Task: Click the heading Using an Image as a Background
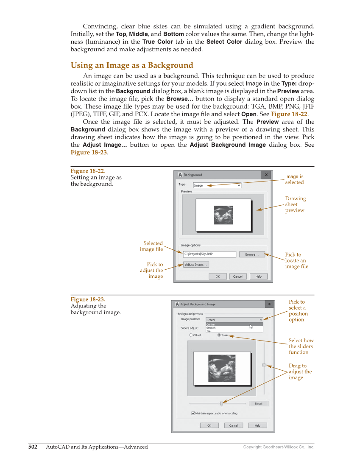[131, 65]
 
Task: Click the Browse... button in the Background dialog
[251, 254]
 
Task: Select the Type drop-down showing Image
[217, 185]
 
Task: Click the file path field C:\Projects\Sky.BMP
[209, 254]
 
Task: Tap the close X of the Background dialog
[266, 175]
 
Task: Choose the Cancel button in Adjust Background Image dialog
[233, 425]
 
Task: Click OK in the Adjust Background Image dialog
[209, 425]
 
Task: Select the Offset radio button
[191, 335]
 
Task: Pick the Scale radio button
[219, 335]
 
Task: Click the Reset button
[258, 404]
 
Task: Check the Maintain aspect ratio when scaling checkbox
[193, 413]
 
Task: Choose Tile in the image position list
[208, 331]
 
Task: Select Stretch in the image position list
[211, 328]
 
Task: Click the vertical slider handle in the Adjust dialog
[264, 365]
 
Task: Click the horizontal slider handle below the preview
[221, 404]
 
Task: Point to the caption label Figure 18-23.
[88, 299]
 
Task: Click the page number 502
[33, 447]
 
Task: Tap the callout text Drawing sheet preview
[295, 204]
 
